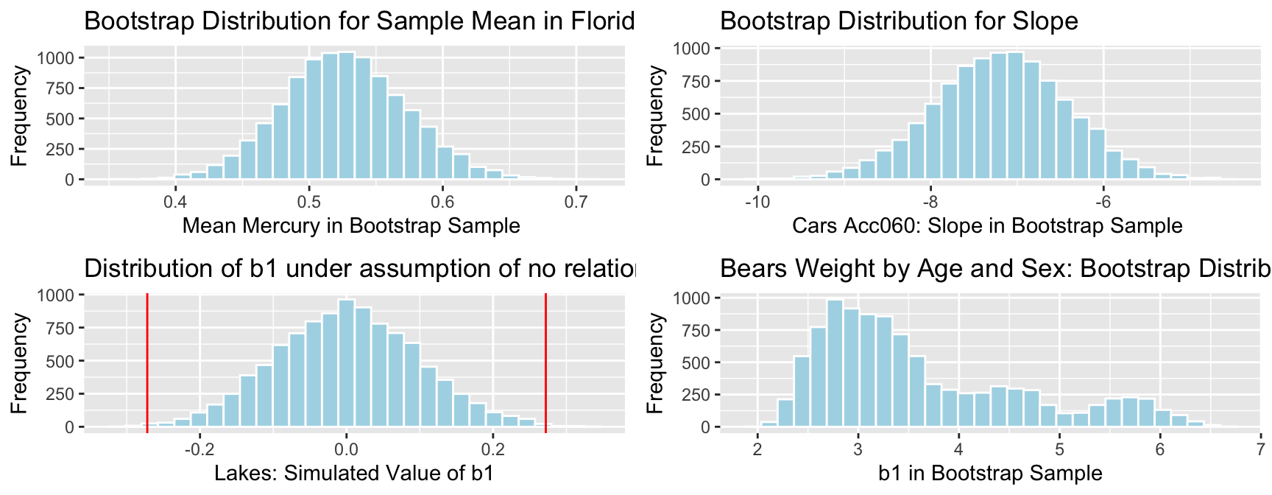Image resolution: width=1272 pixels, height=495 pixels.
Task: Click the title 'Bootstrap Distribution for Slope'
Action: [x=899, y=21]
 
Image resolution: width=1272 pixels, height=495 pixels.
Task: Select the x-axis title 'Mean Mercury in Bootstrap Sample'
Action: [x=351, y=225]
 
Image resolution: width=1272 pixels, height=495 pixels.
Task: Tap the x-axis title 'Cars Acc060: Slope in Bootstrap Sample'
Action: [x=987, y=225]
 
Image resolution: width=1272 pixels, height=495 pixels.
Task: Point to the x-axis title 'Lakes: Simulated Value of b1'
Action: [x=354, y=473]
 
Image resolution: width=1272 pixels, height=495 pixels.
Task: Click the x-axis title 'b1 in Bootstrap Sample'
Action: [x=990, y=473]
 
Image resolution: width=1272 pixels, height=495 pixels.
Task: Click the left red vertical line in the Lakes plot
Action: [x=147, y=361]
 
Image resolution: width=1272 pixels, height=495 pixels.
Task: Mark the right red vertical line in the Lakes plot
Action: [x=545, y=361]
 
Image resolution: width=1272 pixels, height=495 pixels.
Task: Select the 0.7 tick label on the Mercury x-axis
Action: [x=576, y=200]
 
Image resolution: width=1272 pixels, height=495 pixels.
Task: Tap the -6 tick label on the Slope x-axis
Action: [x=1103, y=200]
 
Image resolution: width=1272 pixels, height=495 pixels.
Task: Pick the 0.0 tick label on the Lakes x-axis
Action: [x=346, y=448]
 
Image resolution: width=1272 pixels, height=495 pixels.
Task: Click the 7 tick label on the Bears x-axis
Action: [x=1260, y=448]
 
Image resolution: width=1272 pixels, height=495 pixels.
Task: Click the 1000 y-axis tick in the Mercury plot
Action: [x=59, y=58]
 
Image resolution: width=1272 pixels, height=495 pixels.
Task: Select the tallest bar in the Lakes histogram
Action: [x=346, y=363]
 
